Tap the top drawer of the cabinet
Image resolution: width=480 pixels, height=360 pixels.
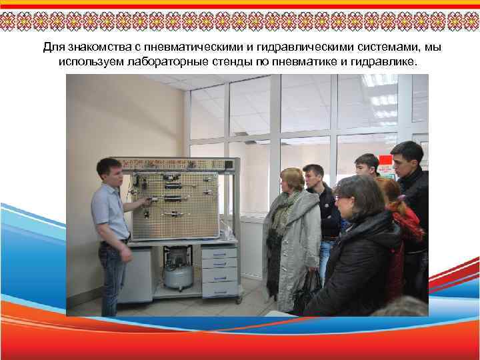pyautogui.click(x=219, y=254)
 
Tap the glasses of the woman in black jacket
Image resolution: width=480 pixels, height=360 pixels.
pyautogui.click(x=343, y=198)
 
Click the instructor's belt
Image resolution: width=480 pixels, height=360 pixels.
pyautogui.click(x=113, y=242)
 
